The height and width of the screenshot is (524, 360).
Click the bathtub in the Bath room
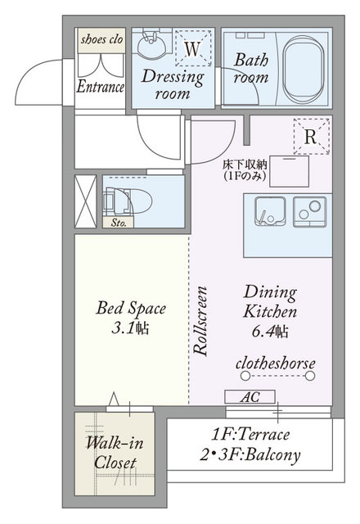304,70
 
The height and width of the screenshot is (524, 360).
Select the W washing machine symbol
193,48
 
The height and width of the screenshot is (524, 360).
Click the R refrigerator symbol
311,136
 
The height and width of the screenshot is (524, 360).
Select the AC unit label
250,396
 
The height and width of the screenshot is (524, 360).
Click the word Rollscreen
200,320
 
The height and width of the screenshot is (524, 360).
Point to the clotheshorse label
276,364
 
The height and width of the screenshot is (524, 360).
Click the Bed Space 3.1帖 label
131,318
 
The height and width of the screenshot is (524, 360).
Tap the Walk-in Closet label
115,453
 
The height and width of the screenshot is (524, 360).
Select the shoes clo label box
101,40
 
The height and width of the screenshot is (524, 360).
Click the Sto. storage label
119,222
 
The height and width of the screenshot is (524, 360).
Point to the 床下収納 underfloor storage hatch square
289,171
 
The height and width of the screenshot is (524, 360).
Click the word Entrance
100,87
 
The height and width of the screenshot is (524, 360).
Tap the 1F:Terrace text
250,435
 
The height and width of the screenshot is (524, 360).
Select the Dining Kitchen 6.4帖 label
270,311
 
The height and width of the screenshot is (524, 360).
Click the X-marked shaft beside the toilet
85,201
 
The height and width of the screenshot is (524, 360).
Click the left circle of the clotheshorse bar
245,376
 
